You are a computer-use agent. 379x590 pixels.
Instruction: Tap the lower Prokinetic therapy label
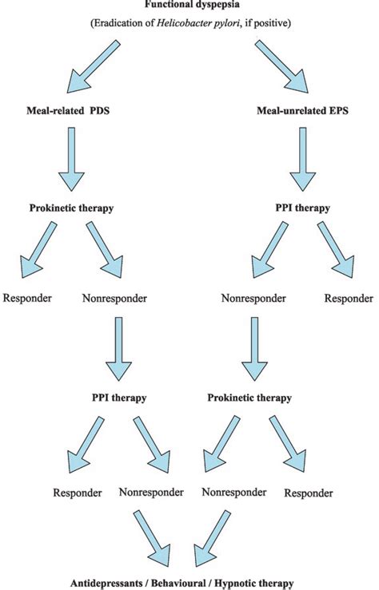click(x=249, y=397)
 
